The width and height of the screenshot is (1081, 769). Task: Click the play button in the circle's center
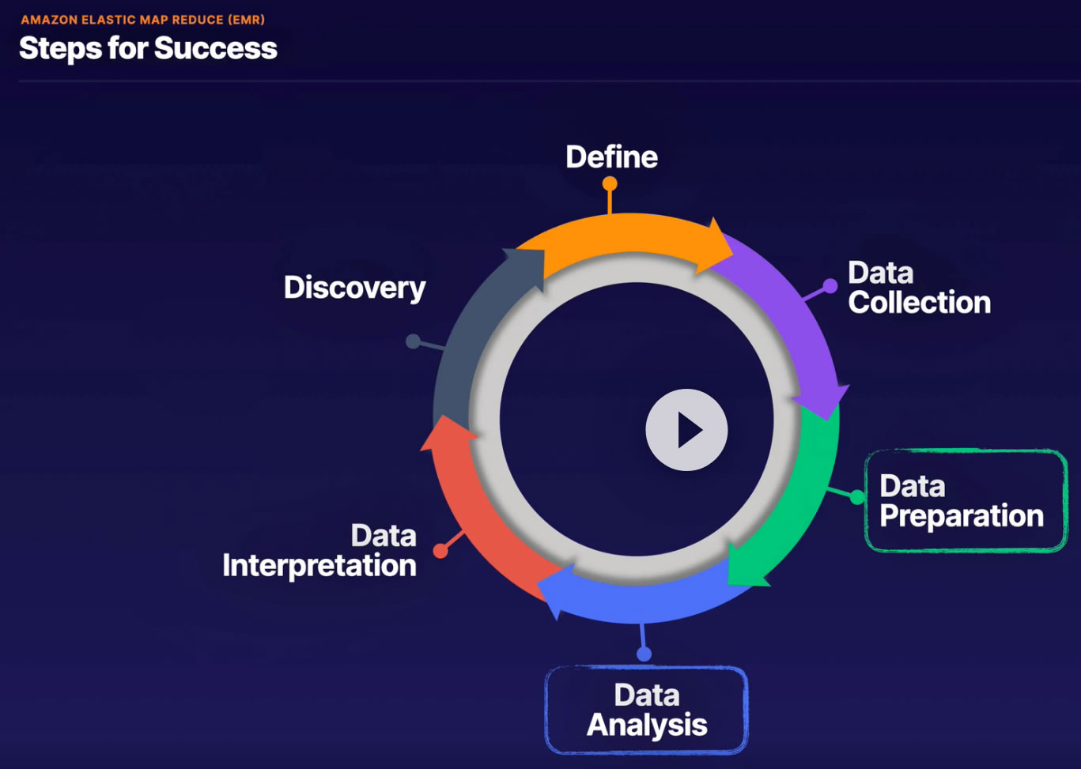(x=686, y=430)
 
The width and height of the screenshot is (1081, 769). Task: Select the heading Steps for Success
(x=148, y=48)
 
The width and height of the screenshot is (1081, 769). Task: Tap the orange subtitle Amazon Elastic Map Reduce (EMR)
(x=142, y=19)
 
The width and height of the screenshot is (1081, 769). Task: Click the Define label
(x=611, y=156)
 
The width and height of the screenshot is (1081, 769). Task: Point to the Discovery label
(x=354, y=288)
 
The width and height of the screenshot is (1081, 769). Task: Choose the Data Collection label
(x=918, y=288)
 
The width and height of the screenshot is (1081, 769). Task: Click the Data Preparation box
(x=966, y=500)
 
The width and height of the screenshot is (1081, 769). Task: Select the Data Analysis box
(x=646, y=710)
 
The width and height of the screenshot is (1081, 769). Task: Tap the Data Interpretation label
(x=319, y=550)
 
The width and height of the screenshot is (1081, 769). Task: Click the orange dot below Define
(x=610, y=183)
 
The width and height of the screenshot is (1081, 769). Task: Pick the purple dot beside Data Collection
(x=830, y=286)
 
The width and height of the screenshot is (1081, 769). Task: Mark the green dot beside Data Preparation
(x=857, y=497)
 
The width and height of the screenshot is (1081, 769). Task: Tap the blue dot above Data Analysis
(x=644, y=654)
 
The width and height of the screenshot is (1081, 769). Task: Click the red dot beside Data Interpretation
(x=440, y=551)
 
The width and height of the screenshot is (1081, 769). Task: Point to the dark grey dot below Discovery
(x=413, y=341)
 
